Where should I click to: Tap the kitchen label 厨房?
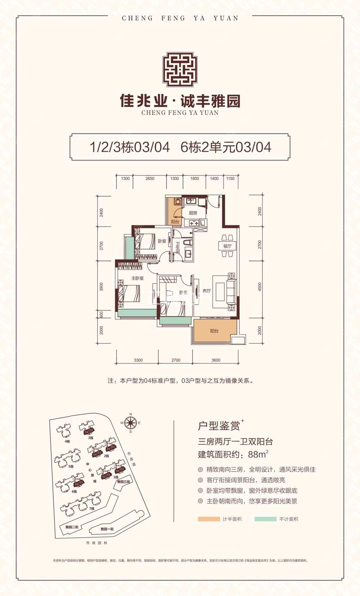point(193,213)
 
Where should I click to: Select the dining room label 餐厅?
point(227,246)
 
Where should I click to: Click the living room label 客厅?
point(207,291)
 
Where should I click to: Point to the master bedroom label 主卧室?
point(137,278)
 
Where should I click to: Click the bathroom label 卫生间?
point(178,248)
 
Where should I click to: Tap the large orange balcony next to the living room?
point(215,331)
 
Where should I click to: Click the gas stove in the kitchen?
point(194,223)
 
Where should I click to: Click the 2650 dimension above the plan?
point(150,179)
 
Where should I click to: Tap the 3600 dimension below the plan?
point(216,360)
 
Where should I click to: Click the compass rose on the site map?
point(130,422)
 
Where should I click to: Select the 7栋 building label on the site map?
point(92,508)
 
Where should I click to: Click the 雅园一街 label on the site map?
point(107,529)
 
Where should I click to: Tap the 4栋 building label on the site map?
point(68,441)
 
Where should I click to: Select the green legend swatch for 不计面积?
point(265,519)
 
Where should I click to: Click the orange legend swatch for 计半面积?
point(209,519)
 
